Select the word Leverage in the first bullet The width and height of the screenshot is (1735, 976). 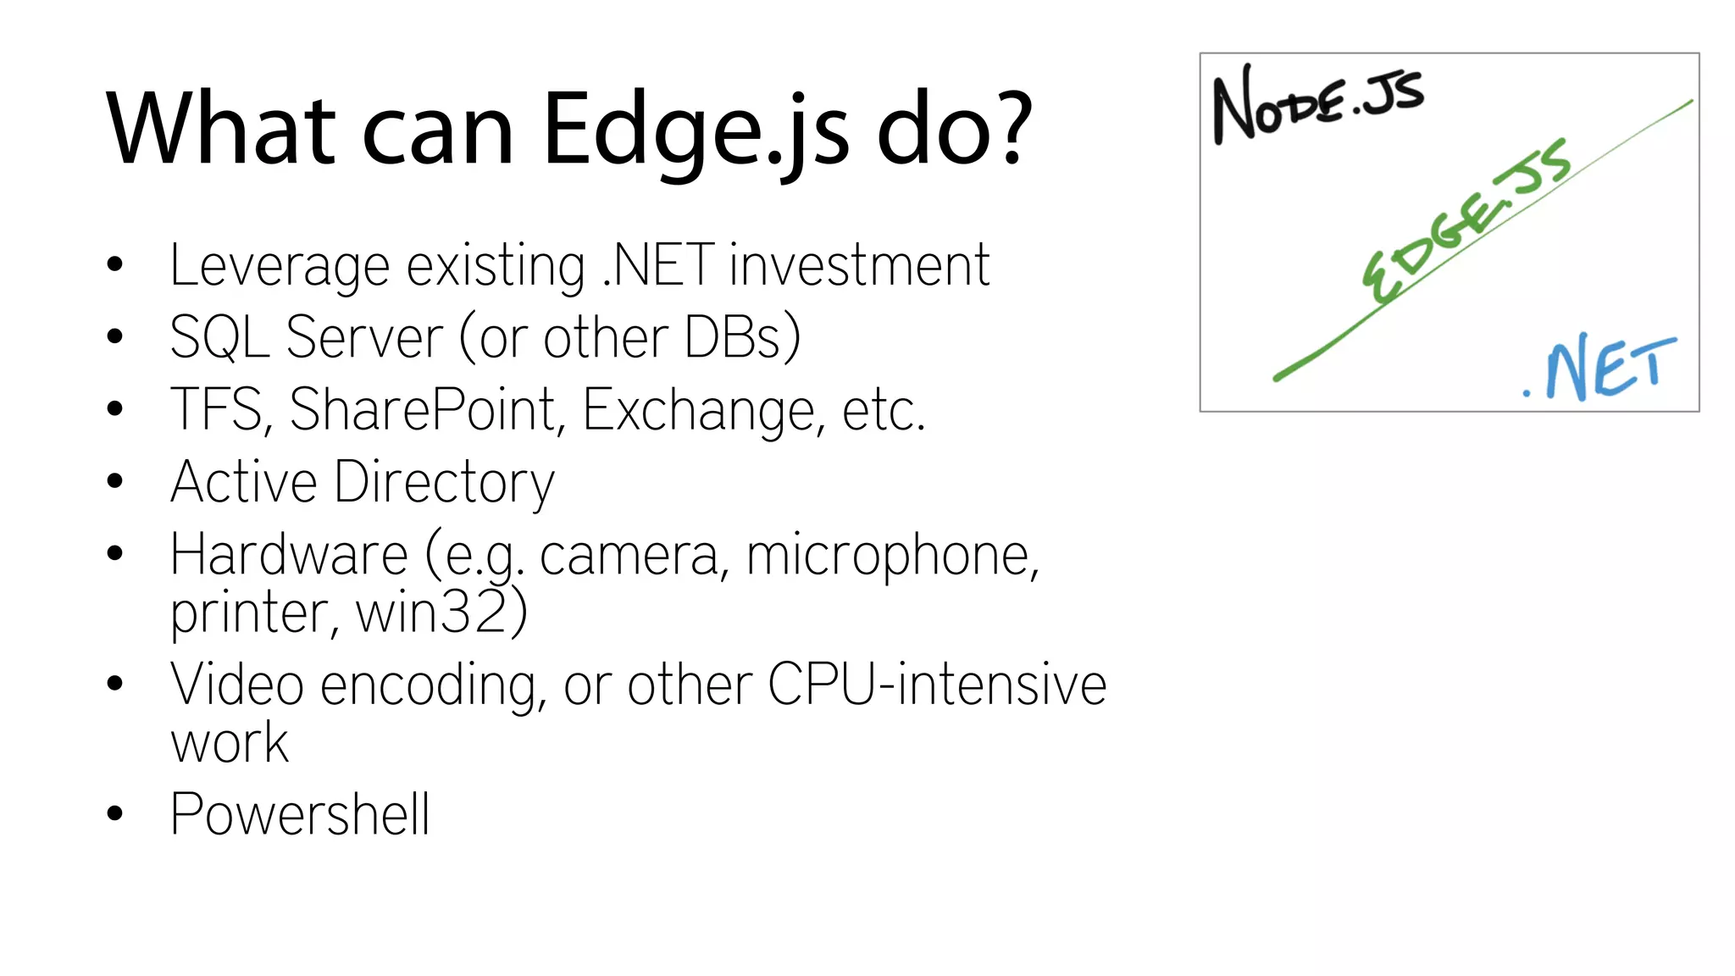(x=280, y=267)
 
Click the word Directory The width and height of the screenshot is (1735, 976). (x=444, y=483)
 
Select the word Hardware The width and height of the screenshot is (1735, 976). (x=289, y=555)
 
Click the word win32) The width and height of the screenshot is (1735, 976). (x=441, y=612)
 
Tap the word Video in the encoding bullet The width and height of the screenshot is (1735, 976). (x=236, y=685)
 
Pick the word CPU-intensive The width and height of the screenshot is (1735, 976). (x=936, y=685)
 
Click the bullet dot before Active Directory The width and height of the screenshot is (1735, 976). (x=115, y=481)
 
